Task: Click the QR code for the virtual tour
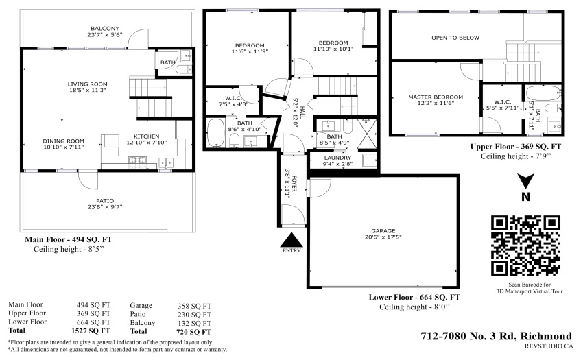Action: tap(526, 245)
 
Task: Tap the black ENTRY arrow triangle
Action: tap(291, 241)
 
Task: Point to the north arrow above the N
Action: tap(526, 181)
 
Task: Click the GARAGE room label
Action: tap(383, 230)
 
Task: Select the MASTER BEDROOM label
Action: tap(436, 97)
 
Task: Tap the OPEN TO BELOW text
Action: tap(455, 38)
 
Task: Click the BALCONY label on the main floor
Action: tap(105, 28)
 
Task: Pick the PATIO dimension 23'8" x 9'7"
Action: tap(105, 207)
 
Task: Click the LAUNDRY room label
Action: tap(337, 158)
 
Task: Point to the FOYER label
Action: tap(294, 183)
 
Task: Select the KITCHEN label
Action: tap(147, 136)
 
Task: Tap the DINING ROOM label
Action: tap(64, 141)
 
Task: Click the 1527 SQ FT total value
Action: tap(91, 331)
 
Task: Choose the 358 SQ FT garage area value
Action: tap(194, 306)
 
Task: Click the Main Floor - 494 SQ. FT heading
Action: tap(69, 239)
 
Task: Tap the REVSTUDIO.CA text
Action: tap(549, 346)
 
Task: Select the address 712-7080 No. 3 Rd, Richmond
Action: tap(497, 336)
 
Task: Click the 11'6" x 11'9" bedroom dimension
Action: tap(250, 51)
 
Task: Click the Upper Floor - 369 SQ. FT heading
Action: tap(516, 147)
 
